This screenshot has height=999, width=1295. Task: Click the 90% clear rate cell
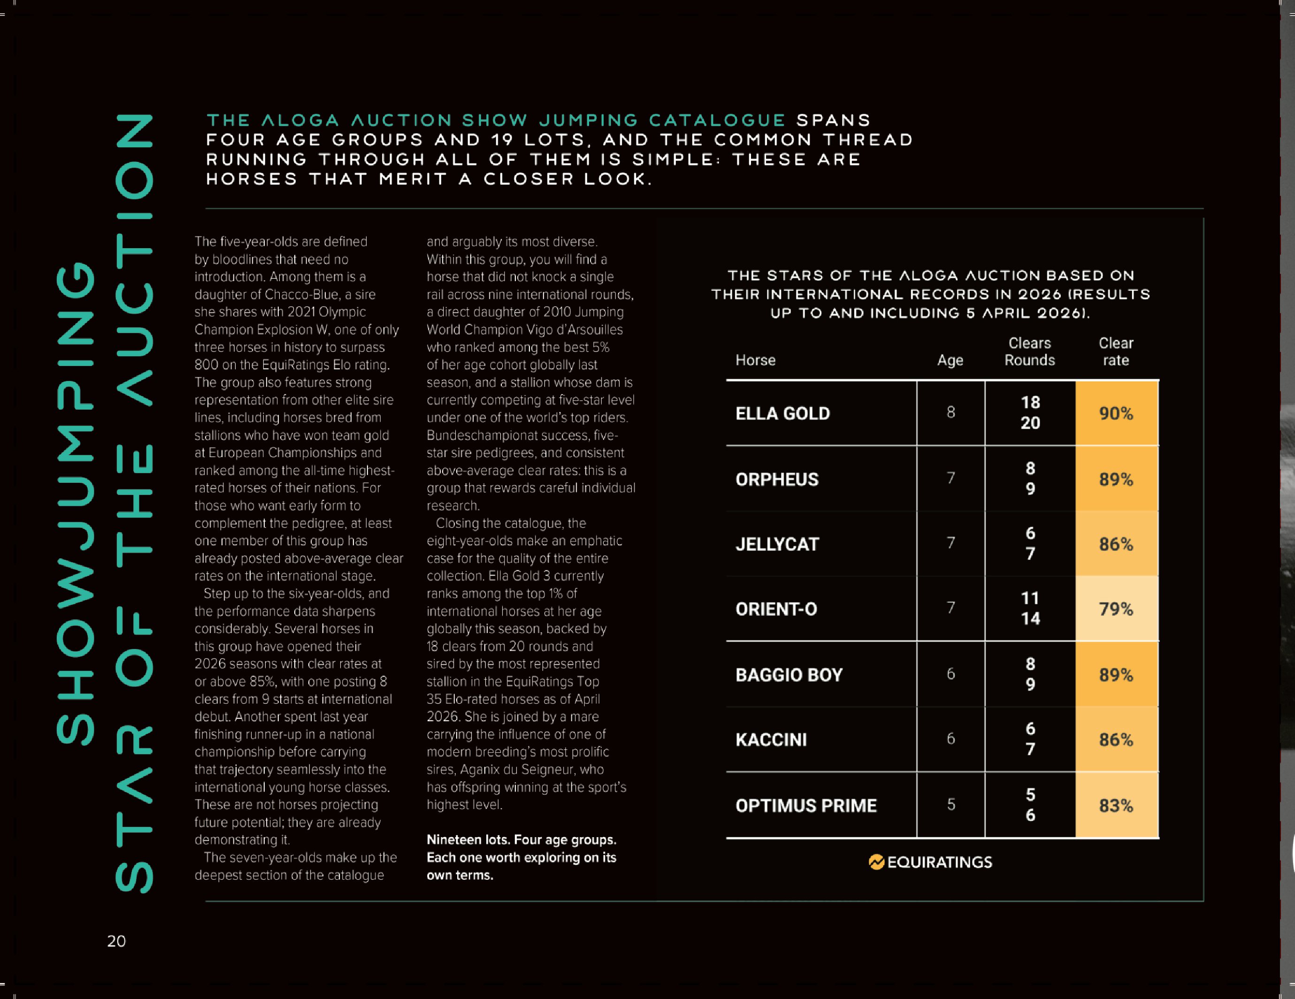1116,413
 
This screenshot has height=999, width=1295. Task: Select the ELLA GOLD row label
782,413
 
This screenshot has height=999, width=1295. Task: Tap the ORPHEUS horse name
777,479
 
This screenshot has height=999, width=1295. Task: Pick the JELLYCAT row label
777,544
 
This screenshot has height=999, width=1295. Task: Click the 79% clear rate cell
1116,609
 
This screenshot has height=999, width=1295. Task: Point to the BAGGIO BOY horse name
789,675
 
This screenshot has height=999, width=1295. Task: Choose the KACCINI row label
771,740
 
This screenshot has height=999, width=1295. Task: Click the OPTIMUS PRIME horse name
806,806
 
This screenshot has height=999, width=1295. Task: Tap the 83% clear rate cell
1116,806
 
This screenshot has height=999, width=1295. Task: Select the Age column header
950,360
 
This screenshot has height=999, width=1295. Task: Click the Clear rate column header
1115,351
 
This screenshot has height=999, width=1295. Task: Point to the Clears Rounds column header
1029,351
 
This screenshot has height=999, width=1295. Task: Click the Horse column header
755,360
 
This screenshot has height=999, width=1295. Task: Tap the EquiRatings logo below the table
930,862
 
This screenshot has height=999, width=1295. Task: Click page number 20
116,941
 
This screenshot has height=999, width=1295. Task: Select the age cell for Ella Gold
950,412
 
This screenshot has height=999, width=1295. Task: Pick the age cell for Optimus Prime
950,805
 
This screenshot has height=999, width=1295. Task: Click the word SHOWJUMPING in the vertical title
75,504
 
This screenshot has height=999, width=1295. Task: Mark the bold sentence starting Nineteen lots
521,857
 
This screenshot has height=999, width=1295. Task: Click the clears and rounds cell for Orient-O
1030,609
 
